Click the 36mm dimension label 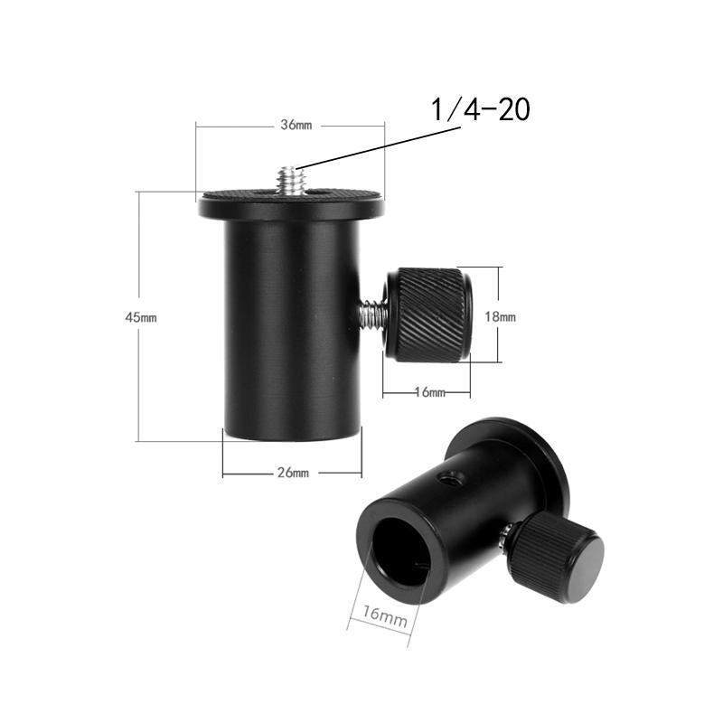click(295, 126)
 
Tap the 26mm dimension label click(294, 472)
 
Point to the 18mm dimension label click(501, 317)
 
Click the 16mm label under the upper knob click(429, 393)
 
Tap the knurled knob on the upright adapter click(428, 313)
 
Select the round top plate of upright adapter click(291, 202)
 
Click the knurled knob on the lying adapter click(555, 560)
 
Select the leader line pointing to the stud click(380, 145)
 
